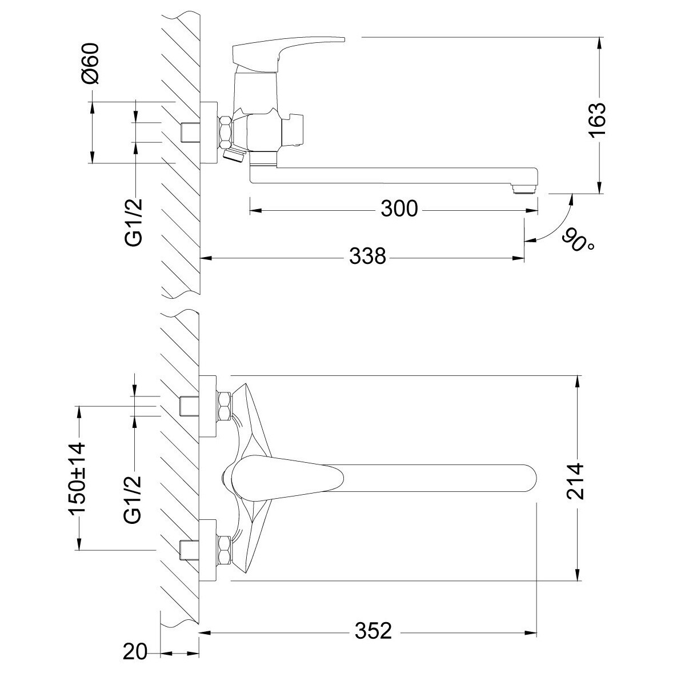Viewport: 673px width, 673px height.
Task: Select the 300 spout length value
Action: tap(399, 209)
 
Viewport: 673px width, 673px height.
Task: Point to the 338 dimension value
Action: tap(367, 257)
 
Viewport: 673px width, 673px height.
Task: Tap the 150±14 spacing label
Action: tap(77, 478)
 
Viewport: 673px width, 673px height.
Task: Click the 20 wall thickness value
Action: tap(135, 652)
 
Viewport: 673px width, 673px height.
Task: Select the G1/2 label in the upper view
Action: tap(134, 222)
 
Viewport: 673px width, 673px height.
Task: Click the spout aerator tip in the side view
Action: tap(524, 189)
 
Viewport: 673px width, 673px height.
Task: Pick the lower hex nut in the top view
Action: tap(225, 550)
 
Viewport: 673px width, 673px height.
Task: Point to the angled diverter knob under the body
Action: tap(234, 155)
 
